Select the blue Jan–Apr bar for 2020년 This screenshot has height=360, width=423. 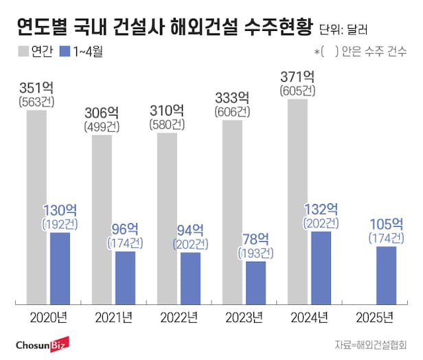pyautogui.click(x=60, y=268)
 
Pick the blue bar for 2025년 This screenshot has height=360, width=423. pyautogui.click(x=387, y=275)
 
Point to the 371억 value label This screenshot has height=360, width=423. pyautogui.click(x=297, y=76)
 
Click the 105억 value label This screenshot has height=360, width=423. pyautogui.click(x=385, y=223)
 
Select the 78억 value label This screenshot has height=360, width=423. pyautogui.click(x=255, y=238)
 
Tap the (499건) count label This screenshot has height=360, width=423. pyautogui.click(x=102, y=127)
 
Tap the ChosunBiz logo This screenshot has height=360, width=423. pyautogui.click(x=43, y=344)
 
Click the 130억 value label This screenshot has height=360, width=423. pyautogui.click(x=60, y=210)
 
